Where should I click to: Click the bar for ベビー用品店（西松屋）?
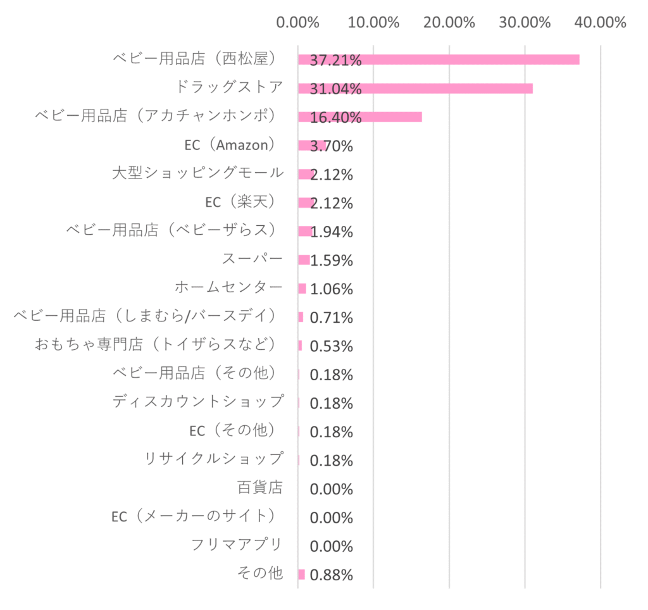pyautogui.click(x=439, y=59)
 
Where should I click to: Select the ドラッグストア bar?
pyautogui.click(x=415, y=89)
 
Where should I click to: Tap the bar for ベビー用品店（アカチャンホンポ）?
pyautogui.click(x=360, y=117)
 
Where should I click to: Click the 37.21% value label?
pyautogui.click(x=335, y=60)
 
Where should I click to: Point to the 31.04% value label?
pyautogui.click(x=335, y=89)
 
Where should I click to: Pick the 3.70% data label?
pyautogui.click(x=332, y=146)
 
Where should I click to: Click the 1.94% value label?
pyautogui.click(x=332, y=232)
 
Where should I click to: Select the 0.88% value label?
pyautogui.click(x=332, y=575)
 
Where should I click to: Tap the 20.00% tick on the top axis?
pyautogui.click(x=449, y=22)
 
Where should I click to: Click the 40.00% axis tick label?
pyautogui.click(x=601, y=22)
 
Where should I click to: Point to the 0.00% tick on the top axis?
pyautogui.click(x=297, y=22)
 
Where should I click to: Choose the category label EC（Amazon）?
pyautogui.click(x=230, y=145)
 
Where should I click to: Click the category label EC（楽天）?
pyautogui.click(x=240, y=202)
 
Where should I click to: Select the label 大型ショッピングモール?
pyautogui.click(x=198, y=173)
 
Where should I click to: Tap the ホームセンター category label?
pyautogui.click(x=228, y=287)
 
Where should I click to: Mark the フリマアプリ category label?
pyautogui.click(x=237, y=544)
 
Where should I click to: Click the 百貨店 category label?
pyautogui.click(x=260, y=487)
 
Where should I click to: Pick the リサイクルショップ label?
pyautogui.click(x=214, y=458)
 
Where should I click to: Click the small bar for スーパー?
pyautogui.click(x=304, y=259)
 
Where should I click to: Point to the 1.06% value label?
pyautogui.click(x=332, y=289)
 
